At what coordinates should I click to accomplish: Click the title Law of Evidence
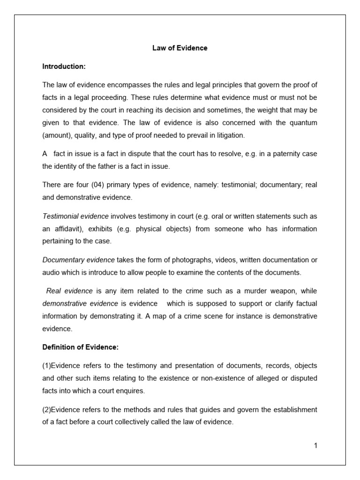click(x=180, y=48)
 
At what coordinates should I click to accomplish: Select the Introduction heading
click(x=64, y=67)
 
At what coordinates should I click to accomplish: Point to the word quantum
click(x=301, y=123)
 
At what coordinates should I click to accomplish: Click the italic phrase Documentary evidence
click(x=78, y=260)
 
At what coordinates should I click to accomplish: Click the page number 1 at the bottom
click(x=316, y=446)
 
